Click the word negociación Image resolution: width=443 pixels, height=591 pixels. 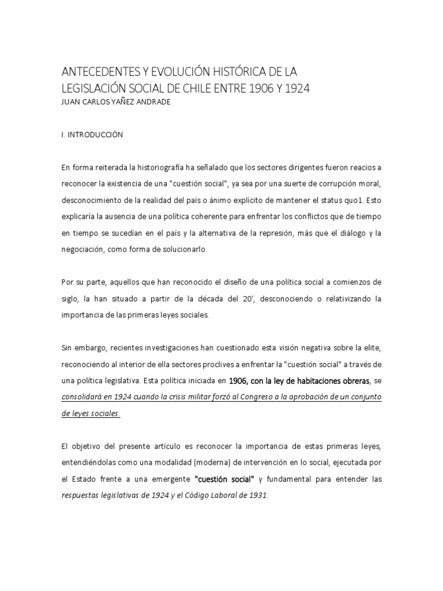pos(84,250)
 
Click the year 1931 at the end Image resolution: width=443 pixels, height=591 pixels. pos(257,496)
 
